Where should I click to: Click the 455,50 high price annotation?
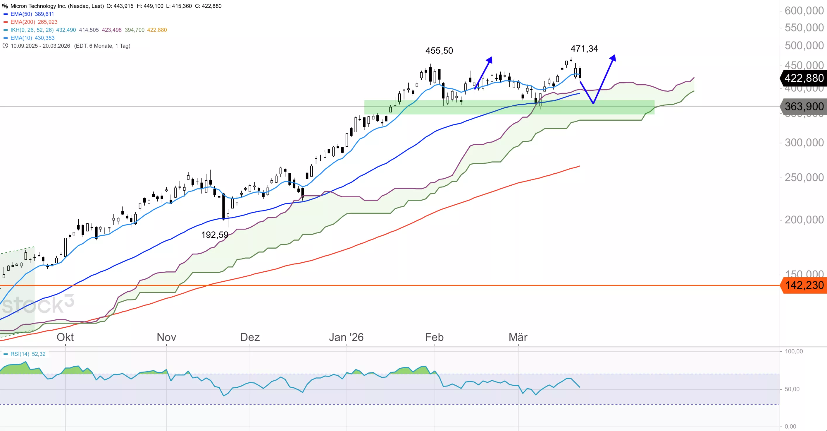pyautogui.click(x=439, y=51)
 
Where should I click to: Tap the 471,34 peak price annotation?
pyautogui.click(x=584, y=49)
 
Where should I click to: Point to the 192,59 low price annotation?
pyautogui.click(x=214, y=235)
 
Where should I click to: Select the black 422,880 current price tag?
pyautogui.click(x=804, y=78)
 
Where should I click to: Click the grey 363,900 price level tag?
pyautogui.click(x=804, y=106)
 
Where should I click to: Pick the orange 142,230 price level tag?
pyautogui.click(x=804, y=285)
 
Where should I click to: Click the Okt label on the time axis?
pyautogui.click(x=65, y=337)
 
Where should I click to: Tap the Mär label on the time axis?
pyautogui.click(x=518, y=337)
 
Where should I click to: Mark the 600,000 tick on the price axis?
pyautogui.click(x=804, y=11)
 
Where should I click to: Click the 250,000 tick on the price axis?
pyautogui.click(x=804, y=177)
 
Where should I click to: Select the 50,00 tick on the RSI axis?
pyautogui.click(x=792, y=389)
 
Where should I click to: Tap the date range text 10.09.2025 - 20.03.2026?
pyautogui.click(x=40, y=46)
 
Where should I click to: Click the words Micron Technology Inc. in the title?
pyautogui.click(x=38, y=6)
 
